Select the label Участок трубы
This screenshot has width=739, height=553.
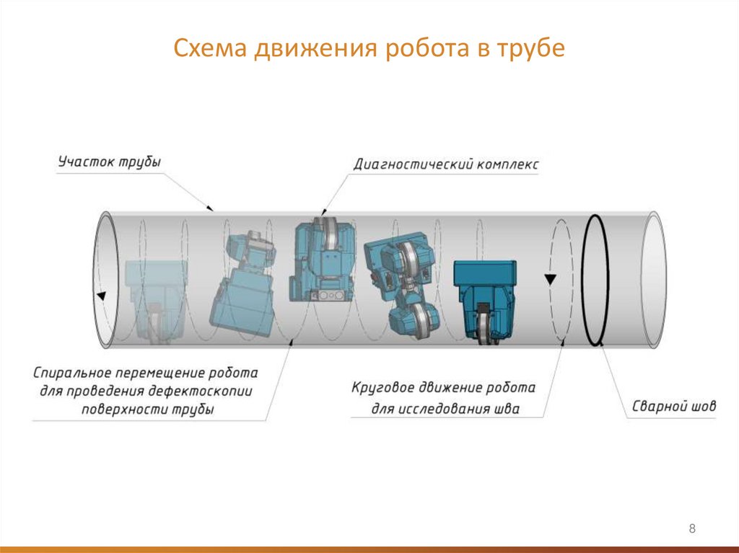109,162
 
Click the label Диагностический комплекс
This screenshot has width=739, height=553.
445,164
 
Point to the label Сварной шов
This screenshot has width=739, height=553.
674,406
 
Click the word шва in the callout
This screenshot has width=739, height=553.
505,410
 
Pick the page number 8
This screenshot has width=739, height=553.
693,529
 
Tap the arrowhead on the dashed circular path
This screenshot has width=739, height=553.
551,278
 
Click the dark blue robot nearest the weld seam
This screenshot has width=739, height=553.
486,296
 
